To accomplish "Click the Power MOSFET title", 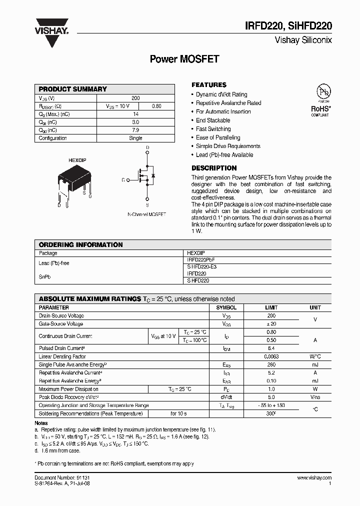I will (x=184, y=59).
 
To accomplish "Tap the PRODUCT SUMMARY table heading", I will (x=73, y=89).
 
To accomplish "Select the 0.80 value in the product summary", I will (x=156, y=106).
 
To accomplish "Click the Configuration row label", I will (x=52, y=138).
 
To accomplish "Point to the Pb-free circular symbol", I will (x=323, y=92).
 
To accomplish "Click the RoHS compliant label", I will (x=320, y=110).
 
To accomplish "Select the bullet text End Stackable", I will (x=213, y=120).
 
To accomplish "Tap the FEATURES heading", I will (x=209, y=85).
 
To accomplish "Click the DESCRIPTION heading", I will (x=214, y=168).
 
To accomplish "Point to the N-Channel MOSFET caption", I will (x=146, y=214).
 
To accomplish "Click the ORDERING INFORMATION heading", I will (x=80, y=244).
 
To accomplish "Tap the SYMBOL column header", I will (x=226, y=307).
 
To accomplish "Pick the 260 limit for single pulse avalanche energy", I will (x=271, y=364).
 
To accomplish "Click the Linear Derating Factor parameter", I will (x=62, y=356).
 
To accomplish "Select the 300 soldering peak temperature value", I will (x=271, y=413).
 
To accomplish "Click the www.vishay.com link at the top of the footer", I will (x=314, y=478).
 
